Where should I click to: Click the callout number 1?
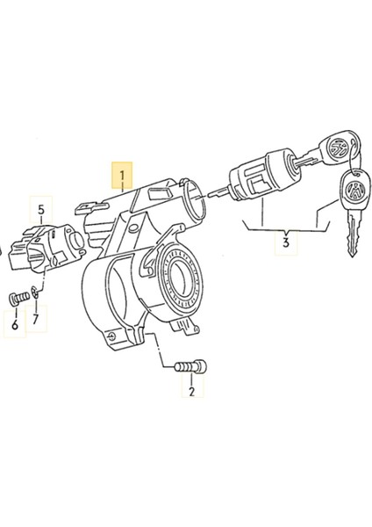[x=122, y=175]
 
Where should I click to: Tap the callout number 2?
[x=191, y=391]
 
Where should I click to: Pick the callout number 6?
[x=15, y=326]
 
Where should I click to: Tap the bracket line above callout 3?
[x=285, y=226]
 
